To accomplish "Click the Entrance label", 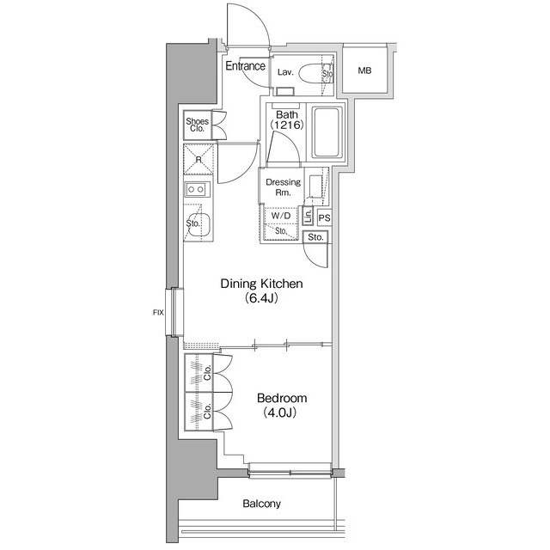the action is pos(245,65).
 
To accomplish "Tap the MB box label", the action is pos(364,70).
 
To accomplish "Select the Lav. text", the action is pos(285,72).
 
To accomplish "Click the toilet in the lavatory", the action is pos(312,73).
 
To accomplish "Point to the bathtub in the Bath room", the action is pos(327,132).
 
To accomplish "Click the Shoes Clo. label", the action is pos(197,125).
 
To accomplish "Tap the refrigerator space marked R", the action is pos(199,160).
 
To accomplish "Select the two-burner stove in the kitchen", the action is pos(198,189).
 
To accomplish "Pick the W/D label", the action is pos(281,216).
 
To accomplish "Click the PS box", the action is pos(325,217).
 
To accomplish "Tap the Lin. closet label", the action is pos(308,216).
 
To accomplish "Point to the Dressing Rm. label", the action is pos(283,187).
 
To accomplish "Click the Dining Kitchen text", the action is pos(261,284).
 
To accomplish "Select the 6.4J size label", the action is pos(261,298).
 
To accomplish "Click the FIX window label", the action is pos(158,312).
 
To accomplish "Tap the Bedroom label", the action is pos(282,398).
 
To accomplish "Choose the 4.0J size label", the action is pos(280,412).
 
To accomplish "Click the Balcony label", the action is pos(261,504).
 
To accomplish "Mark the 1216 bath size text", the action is pos(286,125).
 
